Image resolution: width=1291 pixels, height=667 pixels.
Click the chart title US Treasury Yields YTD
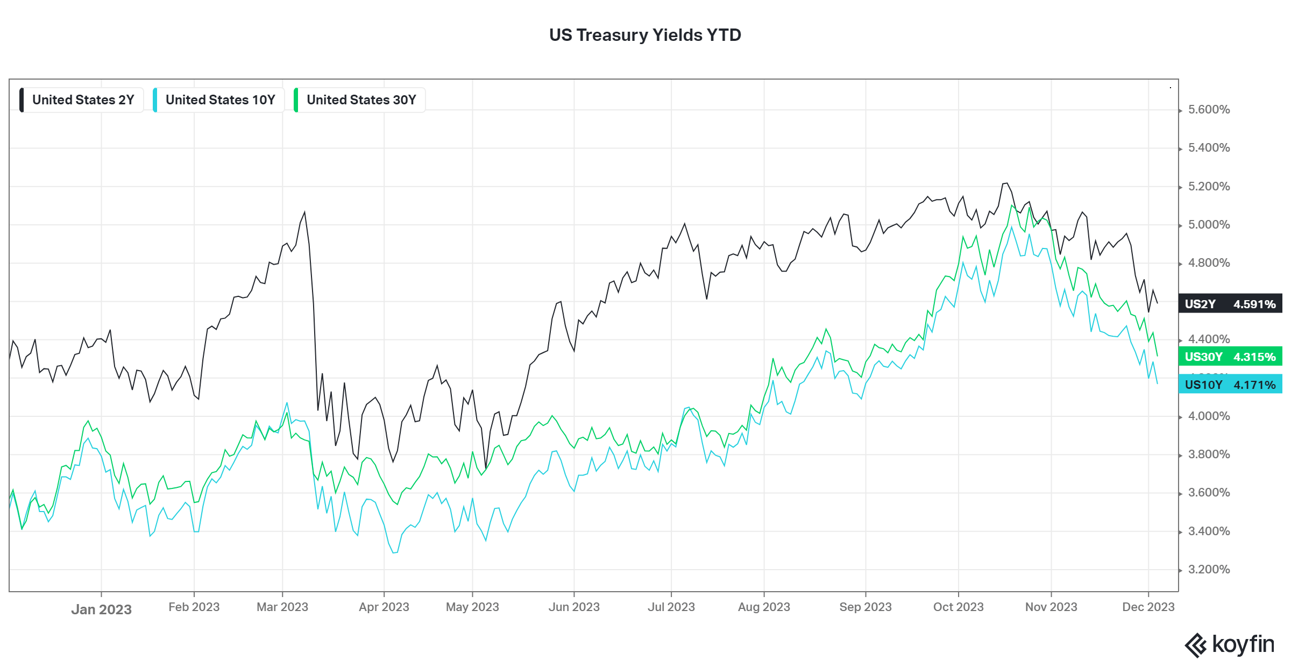click(645, 35)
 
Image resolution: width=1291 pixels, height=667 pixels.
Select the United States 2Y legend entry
click(82, 100)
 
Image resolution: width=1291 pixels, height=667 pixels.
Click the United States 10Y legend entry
click(219, 100)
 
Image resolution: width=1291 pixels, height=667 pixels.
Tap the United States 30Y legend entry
click(360, 100)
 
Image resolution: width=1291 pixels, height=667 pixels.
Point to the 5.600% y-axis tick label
click(1209, 110)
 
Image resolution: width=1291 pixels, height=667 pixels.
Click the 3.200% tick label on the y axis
click(1209, 570)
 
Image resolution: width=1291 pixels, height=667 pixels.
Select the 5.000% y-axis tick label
click(1209, 225)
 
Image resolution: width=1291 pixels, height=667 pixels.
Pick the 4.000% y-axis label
click(1209, 416)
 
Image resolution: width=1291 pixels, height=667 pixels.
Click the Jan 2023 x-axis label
click(101, 609)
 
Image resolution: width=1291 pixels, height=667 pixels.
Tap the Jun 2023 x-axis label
click(574, 607)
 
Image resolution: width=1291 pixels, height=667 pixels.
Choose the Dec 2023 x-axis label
click(1148, 607)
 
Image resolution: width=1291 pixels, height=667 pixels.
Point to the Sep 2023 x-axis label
click(866, 607)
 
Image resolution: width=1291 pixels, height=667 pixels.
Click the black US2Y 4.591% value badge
click(1230, 304)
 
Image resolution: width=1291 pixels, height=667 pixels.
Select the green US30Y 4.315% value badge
click(1230, 357)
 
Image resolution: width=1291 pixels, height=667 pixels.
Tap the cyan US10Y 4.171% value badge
click(1230, 385)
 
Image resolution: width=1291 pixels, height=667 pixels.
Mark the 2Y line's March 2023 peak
click(305, 212)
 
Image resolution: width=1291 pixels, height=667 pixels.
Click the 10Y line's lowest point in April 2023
click(394, 553)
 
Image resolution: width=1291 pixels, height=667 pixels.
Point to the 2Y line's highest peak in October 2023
click(1005, 183)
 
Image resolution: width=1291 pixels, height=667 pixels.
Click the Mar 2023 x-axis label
click(282, 607)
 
